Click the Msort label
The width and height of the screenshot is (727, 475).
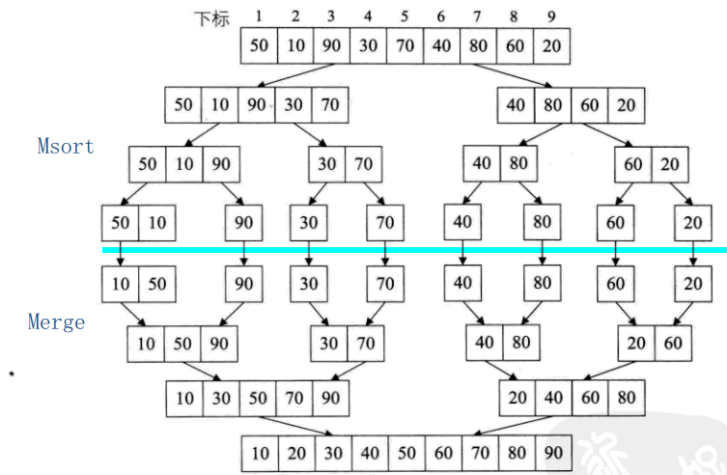[x=66, y=147]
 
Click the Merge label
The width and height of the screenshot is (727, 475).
[x=56, y=322]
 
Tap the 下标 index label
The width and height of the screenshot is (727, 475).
[x=213, y=18]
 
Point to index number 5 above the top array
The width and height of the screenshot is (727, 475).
[x=405, y=16]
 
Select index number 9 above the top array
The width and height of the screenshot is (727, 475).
[x=551, y=16]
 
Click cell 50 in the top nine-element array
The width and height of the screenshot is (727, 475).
[x=260, y=45]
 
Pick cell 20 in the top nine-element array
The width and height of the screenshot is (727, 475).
[x=551, y=45]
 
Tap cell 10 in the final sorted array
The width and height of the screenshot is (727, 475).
[x=260, y=452]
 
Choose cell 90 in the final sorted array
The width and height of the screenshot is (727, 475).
[x=552, y=452]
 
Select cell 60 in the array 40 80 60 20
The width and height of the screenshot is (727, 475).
[x=590, y=104]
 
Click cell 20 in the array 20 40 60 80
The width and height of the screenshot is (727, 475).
[x=517, y=397]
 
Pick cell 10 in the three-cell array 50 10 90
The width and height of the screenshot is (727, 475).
[x=184, y=164]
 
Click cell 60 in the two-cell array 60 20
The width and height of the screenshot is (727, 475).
[x=633, y=164]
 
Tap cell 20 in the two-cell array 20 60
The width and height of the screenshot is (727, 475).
[x=636, y=342]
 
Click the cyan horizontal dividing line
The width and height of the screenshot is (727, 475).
[x=415, y=251]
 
